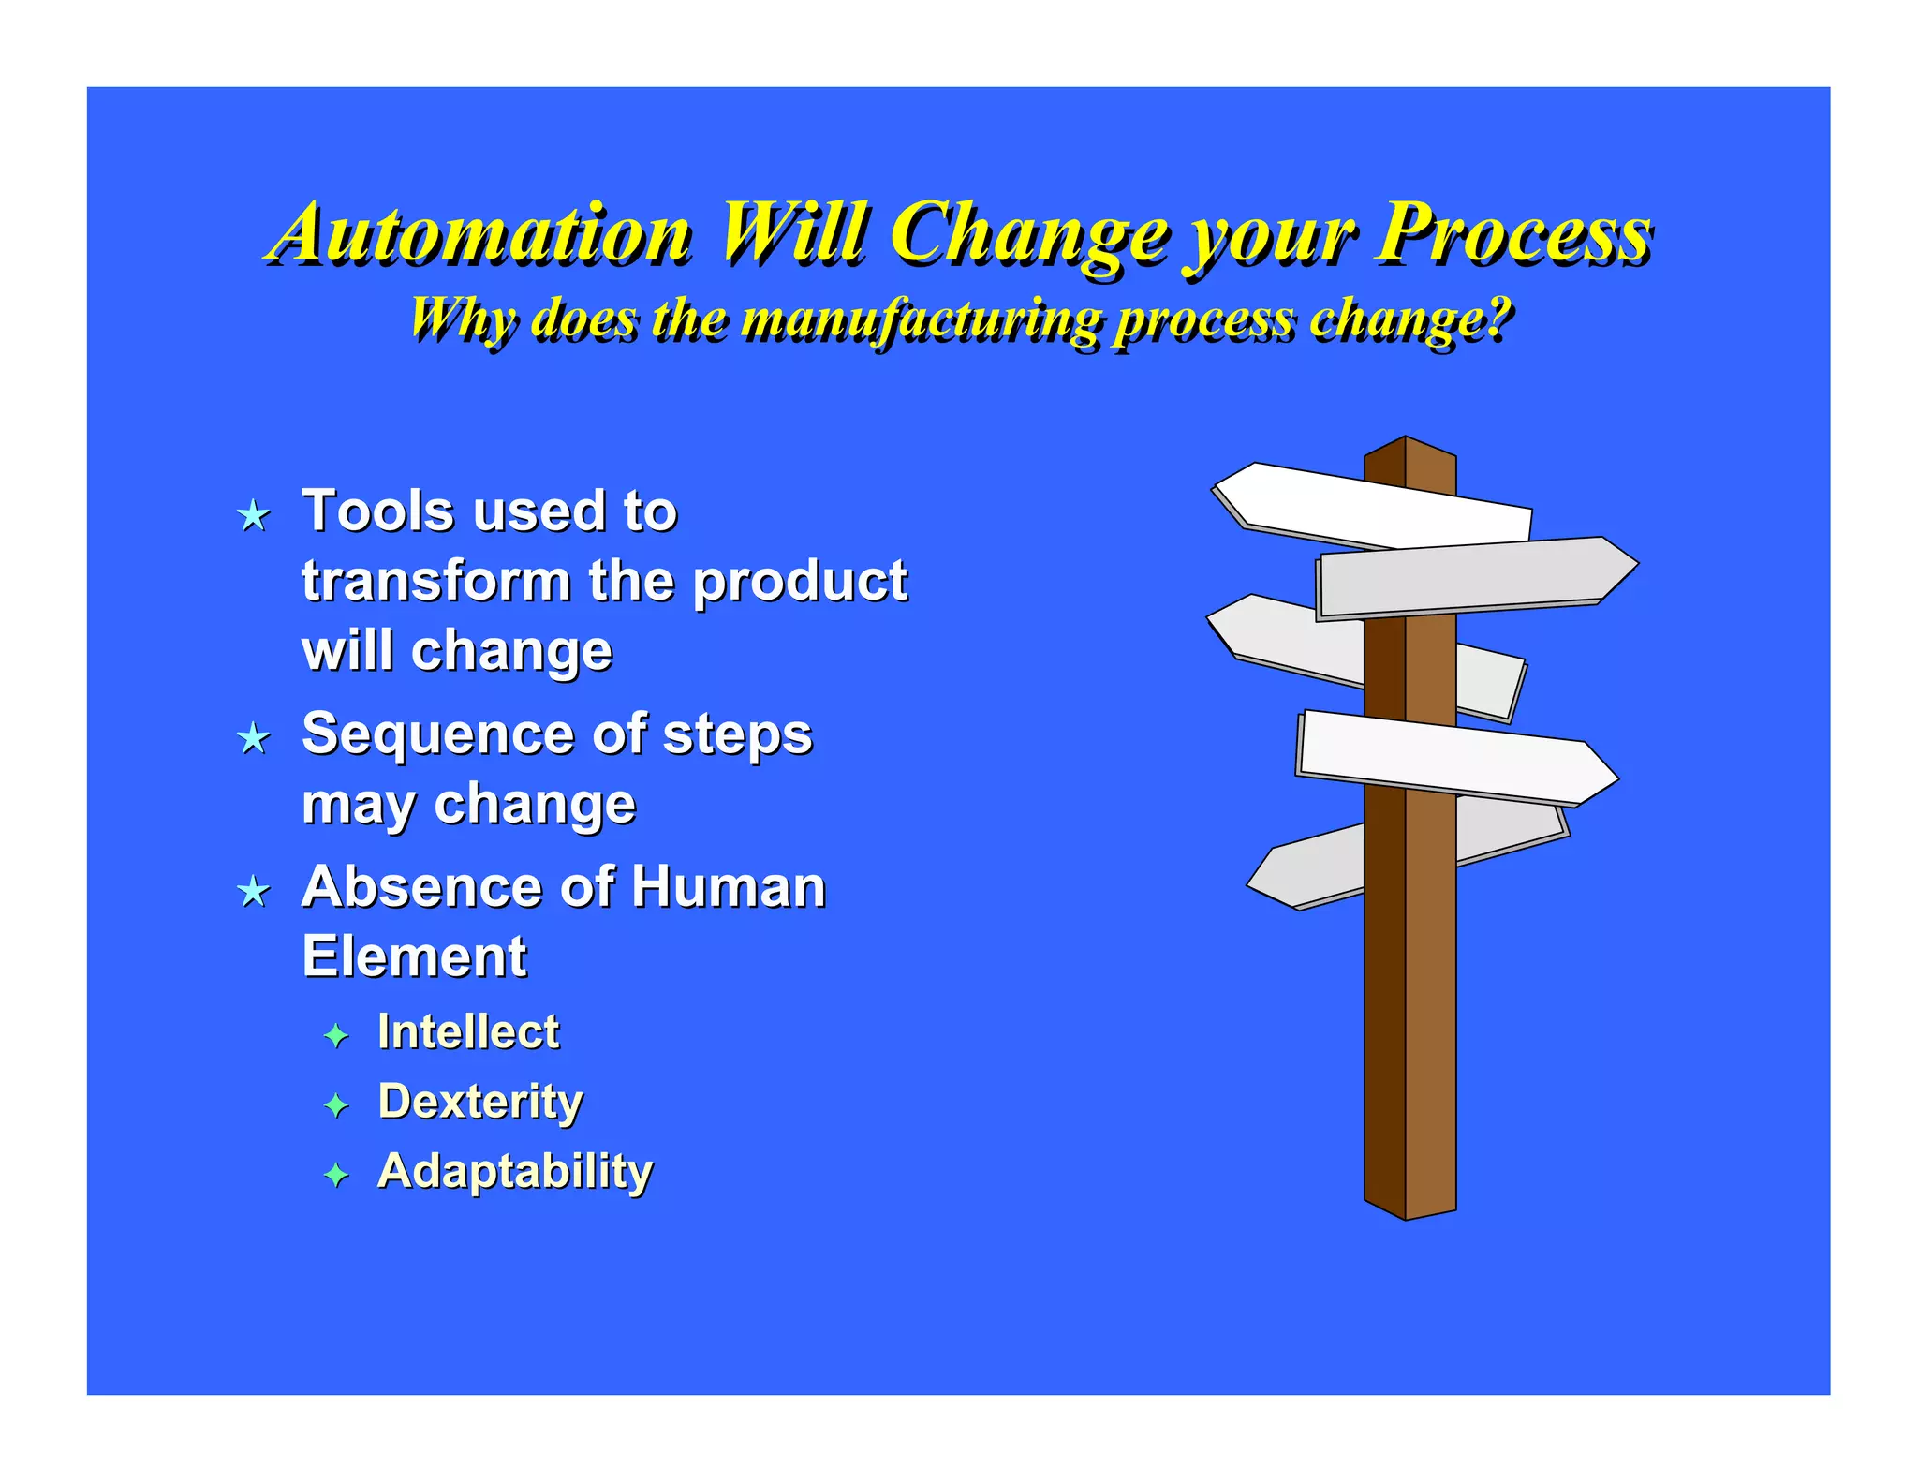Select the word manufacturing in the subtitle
click(x=923, y=319)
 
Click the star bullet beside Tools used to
click(x=254, y=515)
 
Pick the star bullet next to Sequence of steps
click(x=254, y=738)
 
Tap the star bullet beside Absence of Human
click(x=254, y=891)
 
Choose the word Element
click(x=414, y=956)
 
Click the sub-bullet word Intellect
click(x=468, y=1032)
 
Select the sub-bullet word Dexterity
click(x=480, y=1102)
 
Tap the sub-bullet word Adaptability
click(x=515, y=1171)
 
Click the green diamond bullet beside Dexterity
click(x=335, y=1105)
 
